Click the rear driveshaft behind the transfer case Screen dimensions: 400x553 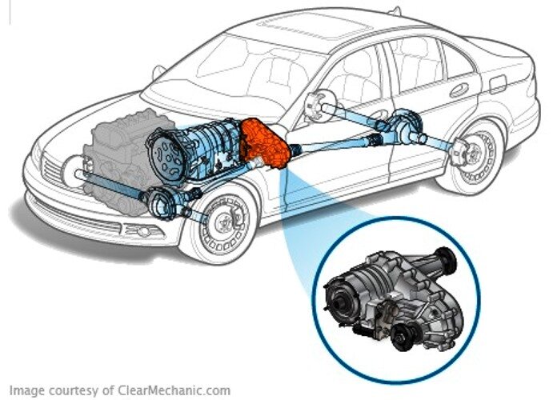pos(336,142)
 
